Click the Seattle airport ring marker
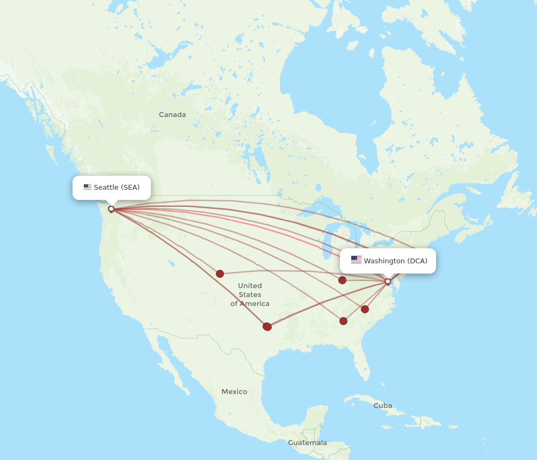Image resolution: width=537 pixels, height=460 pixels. click(x=111, y=209)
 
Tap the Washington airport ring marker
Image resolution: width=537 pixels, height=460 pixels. click(x=388, y=282)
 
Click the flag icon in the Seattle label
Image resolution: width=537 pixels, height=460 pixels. click(x=87, y=187)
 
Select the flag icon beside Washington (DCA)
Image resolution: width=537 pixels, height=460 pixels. click(x=356, y=260)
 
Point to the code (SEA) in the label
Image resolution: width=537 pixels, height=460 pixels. click(x=130, y=187)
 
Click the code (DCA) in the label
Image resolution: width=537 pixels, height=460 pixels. click(x=417, y=261)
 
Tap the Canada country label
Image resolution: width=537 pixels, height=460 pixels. click(x=172, y=114)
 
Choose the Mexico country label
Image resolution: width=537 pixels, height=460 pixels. click(x=234, y=392)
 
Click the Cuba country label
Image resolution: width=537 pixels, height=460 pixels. click(x=383, y=405)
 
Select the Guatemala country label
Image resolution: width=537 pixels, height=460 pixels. click(x=307, y=443)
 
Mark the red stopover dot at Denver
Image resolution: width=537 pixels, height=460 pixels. click(x=220, y=274)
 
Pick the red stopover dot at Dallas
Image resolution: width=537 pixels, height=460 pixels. click(x=267, y=326)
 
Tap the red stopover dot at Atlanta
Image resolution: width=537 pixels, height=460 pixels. click(x=343, y=321)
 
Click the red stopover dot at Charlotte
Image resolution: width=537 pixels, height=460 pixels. click(x=365, y=309)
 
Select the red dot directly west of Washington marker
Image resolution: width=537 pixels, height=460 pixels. click(x=342, y=280)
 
